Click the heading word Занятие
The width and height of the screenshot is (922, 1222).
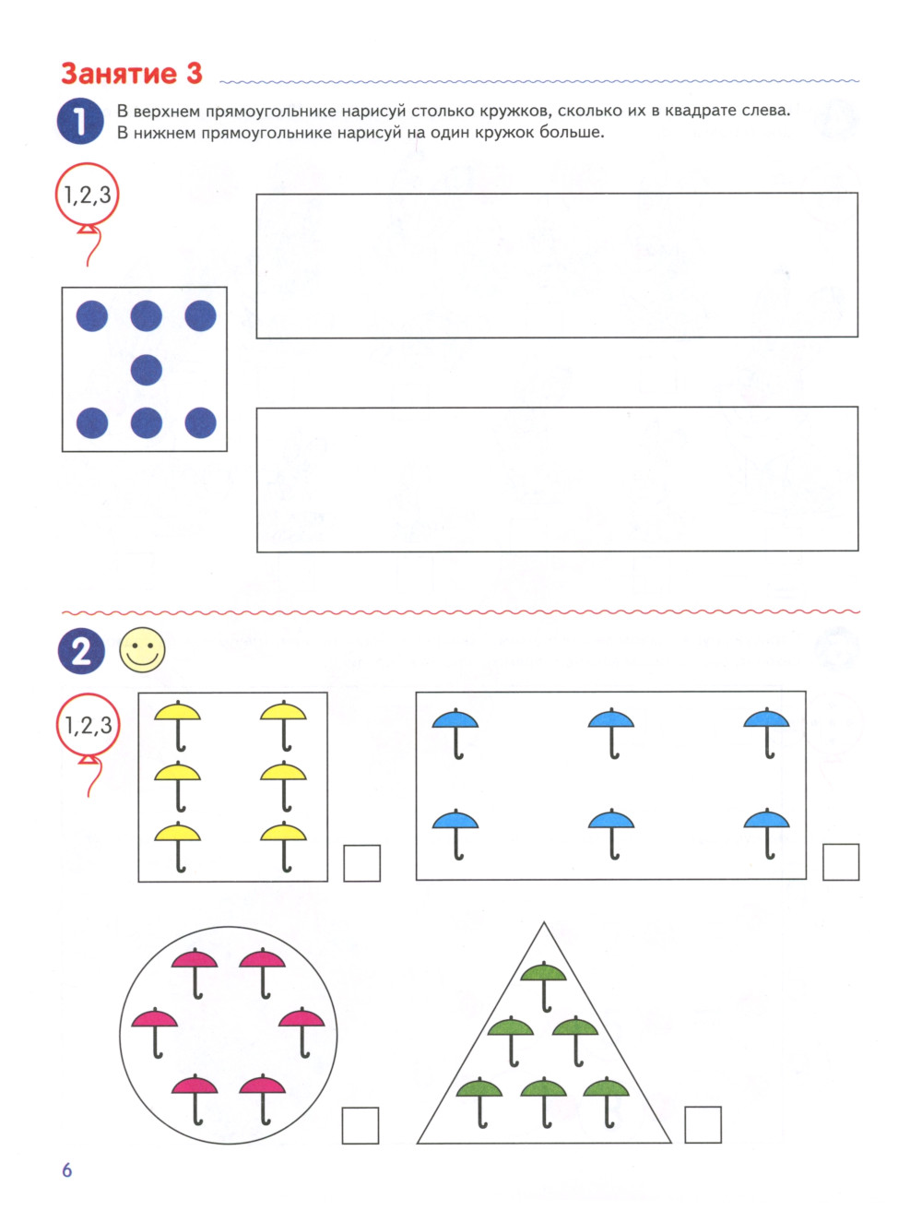[118, 74]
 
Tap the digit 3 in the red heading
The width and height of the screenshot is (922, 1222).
[195, 74]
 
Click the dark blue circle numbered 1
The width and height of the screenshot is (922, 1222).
[80, 121]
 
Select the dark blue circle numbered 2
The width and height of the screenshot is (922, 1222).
[81, 651]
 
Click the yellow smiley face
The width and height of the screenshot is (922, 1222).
[142, 649]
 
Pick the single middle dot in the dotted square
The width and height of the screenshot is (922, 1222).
[147, 370]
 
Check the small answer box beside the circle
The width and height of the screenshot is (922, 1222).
[360, 1125]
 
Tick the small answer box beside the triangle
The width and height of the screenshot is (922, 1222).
[703, 1124]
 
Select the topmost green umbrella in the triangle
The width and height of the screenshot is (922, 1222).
[544, 987]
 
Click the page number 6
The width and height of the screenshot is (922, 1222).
[66, 1169]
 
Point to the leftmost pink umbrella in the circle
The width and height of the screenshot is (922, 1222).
[155, 1033]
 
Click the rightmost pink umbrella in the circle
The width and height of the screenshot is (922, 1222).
[301, 1032]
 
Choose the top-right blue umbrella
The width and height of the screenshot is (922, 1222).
[766, 732]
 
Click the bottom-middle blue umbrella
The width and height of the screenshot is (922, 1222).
[611, 834]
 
